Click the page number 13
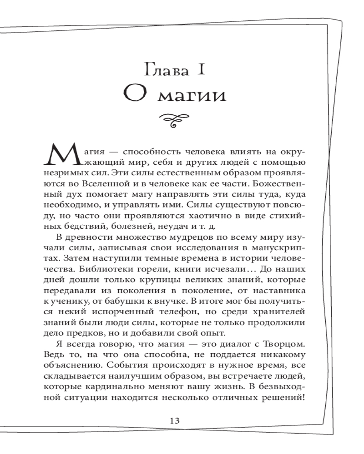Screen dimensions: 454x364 tap(175, 420)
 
